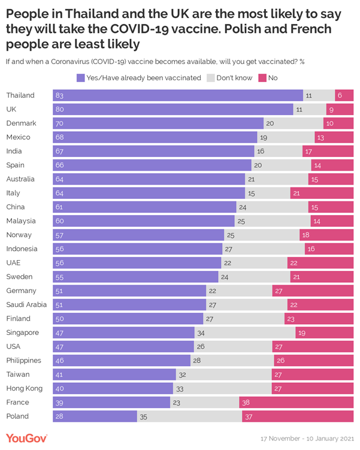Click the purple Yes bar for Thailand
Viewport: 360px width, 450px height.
point(178,95)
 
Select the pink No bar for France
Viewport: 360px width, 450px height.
point(296,403)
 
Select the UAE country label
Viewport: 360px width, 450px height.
point(13,262)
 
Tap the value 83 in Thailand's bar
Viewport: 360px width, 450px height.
point(59,95)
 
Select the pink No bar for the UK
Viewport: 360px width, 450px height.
point(340,109)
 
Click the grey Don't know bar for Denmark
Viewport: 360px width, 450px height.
point(294,123)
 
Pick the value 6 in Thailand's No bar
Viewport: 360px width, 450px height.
point(339,95)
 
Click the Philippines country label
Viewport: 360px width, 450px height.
point(23,361)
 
